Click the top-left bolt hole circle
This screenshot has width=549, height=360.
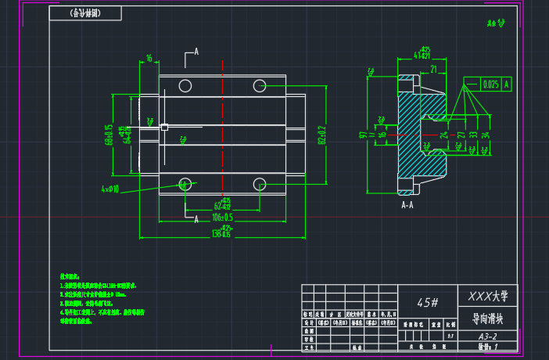point(185,85)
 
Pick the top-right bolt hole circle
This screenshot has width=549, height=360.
point(260,85)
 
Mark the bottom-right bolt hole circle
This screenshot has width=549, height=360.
point(260,184)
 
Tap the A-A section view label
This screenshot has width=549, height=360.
point(407,205)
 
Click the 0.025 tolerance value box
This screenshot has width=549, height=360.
point(490,84)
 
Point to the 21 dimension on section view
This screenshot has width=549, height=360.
point(432,69)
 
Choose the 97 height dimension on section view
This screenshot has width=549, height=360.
point(363,135)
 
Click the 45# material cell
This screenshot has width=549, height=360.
point(427,301)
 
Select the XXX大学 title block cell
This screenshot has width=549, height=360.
point(488,297)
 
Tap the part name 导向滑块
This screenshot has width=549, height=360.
point(488,319)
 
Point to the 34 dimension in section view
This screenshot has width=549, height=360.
point(486,135)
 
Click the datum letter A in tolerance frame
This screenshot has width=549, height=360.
point(507,84)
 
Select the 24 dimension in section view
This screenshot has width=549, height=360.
point(444,135)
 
